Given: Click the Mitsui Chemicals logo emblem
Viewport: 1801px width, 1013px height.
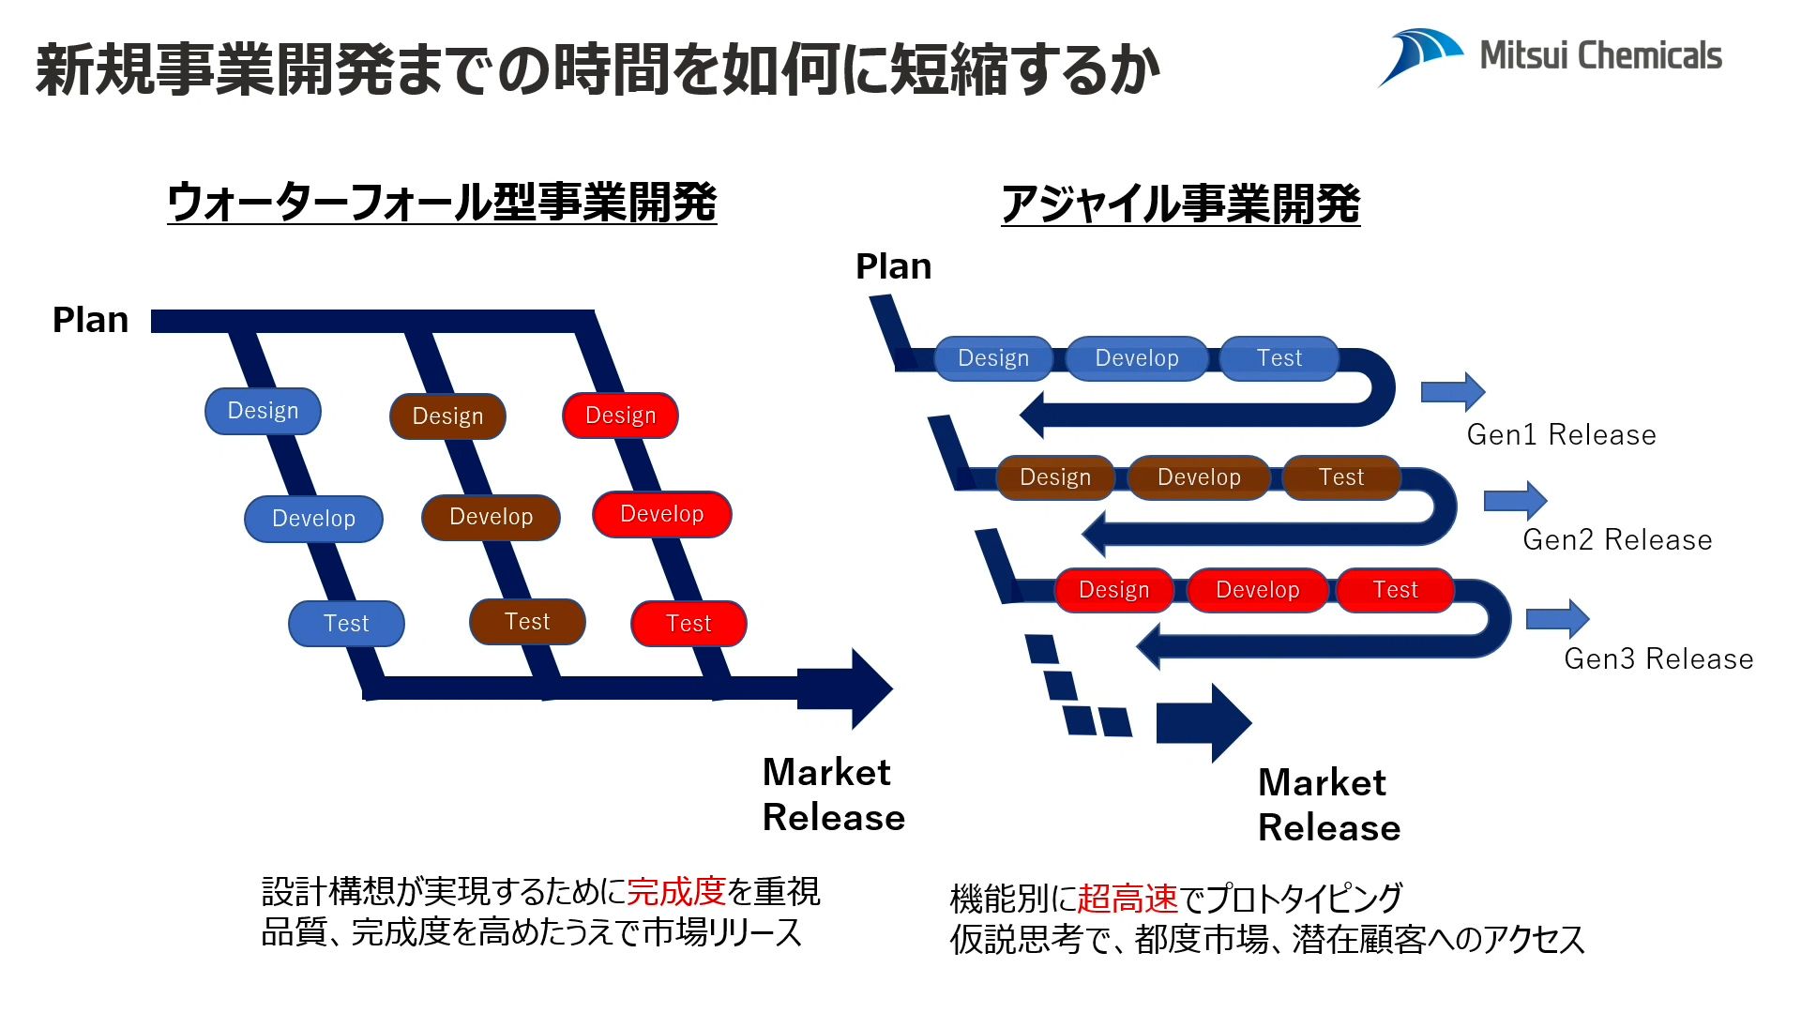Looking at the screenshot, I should pyautogui.click(x=1419, y=55).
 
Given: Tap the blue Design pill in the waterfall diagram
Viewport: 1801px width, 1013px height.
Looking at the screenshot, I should pyautogui.click(x=263, y=411).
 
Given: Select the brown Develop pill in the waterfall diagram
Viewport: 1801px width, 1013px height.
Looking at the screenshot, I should pyautogui.click(x=491, y=517).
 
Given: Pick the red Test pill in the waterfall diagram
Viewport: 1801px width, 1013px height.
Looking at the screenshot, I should pyautogui.click(x=689, y=624).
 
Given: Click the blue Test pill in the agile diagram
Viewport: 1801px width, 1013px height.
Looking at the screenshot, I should pyautogui.click(x=1279, y=358).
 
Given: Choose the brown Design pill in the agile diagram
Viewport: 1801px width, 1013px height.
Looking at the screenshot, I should pyautogui.click(x=1055, y=477).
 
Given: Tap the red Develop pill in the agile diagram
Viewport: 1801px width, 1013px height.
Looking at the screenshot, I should pyautogui.click(x=1257, y=590).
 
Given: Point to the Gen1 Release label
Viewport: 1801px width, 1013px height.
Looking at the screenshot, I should pyautogui.click(x=1561, y=435).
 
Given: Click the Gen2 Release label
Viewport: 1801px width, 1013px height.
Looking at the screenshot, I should pyautogui.click(x=1617, y=540).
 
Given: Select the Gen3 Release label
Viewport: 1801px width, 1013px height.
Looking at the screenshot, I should pyautogui.click(x=1658, y=659).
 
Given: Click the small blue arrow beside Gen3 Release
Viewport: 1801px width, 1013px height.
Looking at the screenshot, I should pyautogui.click(x=1557, y=619).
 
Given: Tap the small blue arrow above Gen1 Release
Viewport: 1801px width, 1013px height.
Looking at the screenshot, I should pyautogui.click(x=1453, y=391).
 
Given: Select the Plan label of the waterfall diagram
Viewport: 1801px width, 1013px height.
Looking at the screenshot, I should pyautogui.click(x=90, y=321).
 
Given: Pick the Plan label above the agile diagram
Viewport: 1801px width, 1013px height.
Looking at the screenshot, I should pyautogui.click(x=893, y=267).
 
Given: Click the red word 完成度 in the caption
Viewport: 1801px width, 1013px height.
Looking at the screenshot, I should pyautogui.click(x=676, y=891).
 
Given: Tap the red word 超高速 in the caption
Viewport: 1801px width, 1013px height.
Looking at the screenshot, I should pyautogui.click(x=1127, y=899).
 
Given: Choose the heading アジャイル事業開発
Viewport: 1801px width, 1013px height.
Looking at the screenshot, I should pyautogui.click(x=1180, y=204).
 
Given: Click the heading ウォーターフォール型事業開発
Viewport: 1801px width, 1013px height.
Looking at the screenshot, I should pyautogui.click(x=442, y=202).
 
